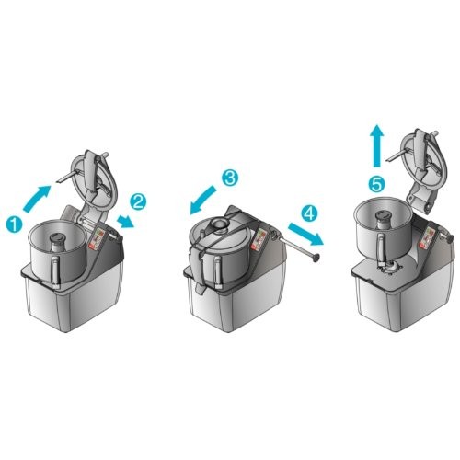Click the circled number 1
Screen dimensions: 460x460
coord(15,224)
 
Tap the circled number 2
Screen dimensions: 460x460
coord(138,201)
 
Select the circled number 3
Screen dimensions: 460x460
coord(230,178)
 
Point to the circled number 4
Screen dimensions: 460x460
coord(309,213)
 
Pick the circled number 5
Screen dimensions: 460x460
coord(376,184)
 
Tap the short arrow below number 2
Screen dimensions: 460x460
coord(126,221)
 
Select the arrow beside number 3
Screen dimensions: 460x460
coord(202,200)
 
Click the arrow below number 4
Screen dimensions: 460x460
coord(305,234)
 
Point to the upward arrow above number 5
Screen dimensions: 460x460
coord(377,146)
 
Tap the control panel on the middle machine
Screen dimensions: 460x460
coord(259,239)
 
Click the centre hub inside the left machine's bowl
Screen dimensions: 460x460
coord(57,241)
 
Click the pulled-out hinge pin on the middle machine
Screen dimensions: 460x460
coord(297,247)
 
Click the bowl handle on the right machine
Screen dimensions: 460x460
coord(381,249)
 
